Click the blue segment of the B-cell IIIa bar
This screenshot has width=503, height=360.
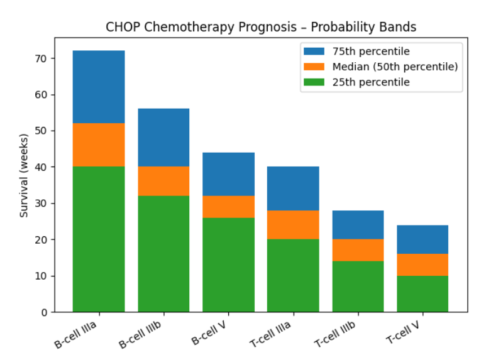[x=99, y=87]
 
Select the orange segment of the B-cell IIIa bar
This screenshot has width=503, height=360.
[x=99, y=145]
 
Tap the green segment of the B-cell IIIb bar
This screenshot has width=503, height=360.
[x=163, y=254]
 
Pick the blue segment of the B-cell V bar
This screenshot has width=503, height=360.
[x=228, y=174]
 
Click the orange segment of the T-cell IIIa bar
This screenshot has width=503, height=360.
[x=293, y=225]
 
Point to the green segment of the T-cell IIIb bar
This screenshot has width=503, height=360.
[x=358, y=286]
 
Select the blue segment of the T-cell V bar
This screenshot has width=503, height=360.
[x=423, y=239]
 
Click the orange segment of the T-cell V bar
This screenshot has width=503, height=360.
[x=423, y=265]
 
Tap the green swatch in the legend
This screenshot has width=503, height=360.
[x=315, y=82]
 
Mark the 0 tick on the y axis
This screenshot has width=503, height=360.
[x=45, y=312]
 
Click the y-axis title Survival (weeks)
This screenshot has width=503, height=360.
[x=25, y=175]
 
